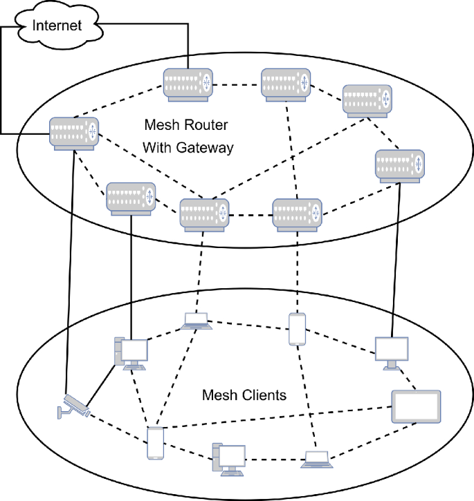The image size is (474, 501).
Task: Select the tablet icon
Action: (x=415, y=406)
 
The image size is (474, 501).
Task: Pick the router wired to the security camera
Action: (x=73, y=132)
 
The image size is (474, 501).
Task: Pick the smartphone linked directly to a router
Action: (x=296, y=330)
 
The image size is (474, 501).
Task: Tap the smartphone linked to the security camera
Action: (x=156, y=443)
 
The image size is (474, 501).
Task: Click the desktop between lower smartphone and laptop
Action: (x=229, y=458)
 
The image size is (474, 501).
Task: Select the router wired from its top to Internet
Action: (x=188, y=84)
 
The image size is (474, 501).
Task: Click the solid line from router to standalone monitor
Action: (x=396, y=263)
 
